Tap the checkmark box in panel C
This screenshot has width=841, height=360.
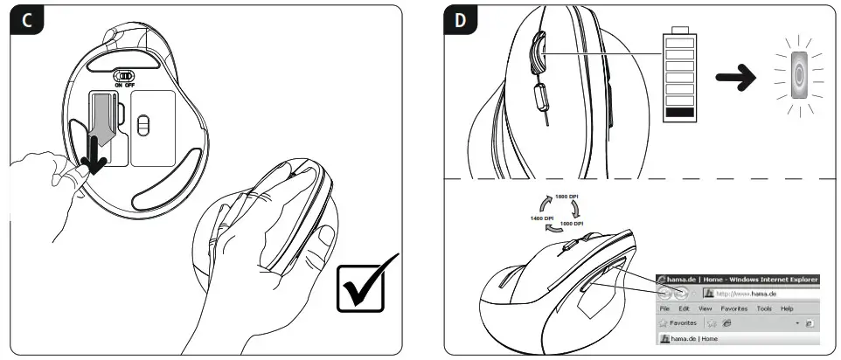366,284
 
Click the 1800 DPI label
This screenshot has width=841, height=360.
567,197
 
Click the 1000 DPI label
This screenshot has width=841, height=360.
573,224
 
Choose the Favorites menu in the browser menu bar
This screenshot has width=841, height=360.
733,308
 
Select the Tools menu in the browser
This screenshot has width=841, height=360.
764,308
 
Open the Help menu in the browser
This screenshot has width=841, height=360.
787,308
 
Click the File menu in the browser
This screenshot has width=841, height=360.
664,308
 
